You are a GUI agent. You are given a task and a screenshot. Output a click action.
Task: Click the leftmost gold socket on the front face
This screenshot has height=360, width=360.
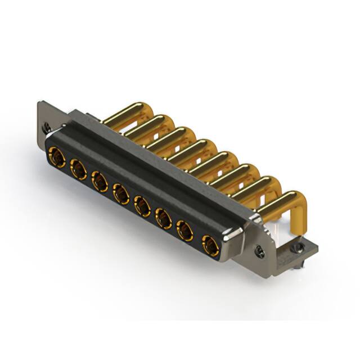(x=56, y=157)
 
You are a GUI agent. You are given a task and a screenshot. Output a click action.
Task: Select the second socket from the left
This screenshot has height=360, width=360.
(x=78, y=169)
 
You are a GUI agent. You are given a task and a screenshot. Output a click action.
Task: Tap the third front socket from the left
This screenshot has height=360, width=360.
(x=100, y=181)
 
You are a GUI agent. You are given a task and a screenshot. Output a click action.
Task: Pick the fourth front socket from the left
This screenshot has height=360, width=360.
(x=120, y=194)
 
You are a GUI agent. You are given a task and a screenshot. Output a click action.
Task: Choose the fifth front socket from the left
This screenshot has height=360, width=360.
(x=142, y=206)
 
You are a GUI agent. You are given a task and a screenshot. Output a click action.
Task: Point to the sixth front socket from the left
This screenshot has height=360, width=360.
(x=163, y=218)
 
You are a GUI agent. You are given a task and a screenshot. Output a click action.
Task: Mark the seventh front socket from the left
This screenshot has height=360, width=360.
(x=184, y=231)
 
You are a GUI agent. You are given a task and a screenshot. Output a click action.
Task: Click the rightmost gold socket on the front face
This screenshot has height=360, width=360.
(x=210, y=245)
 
